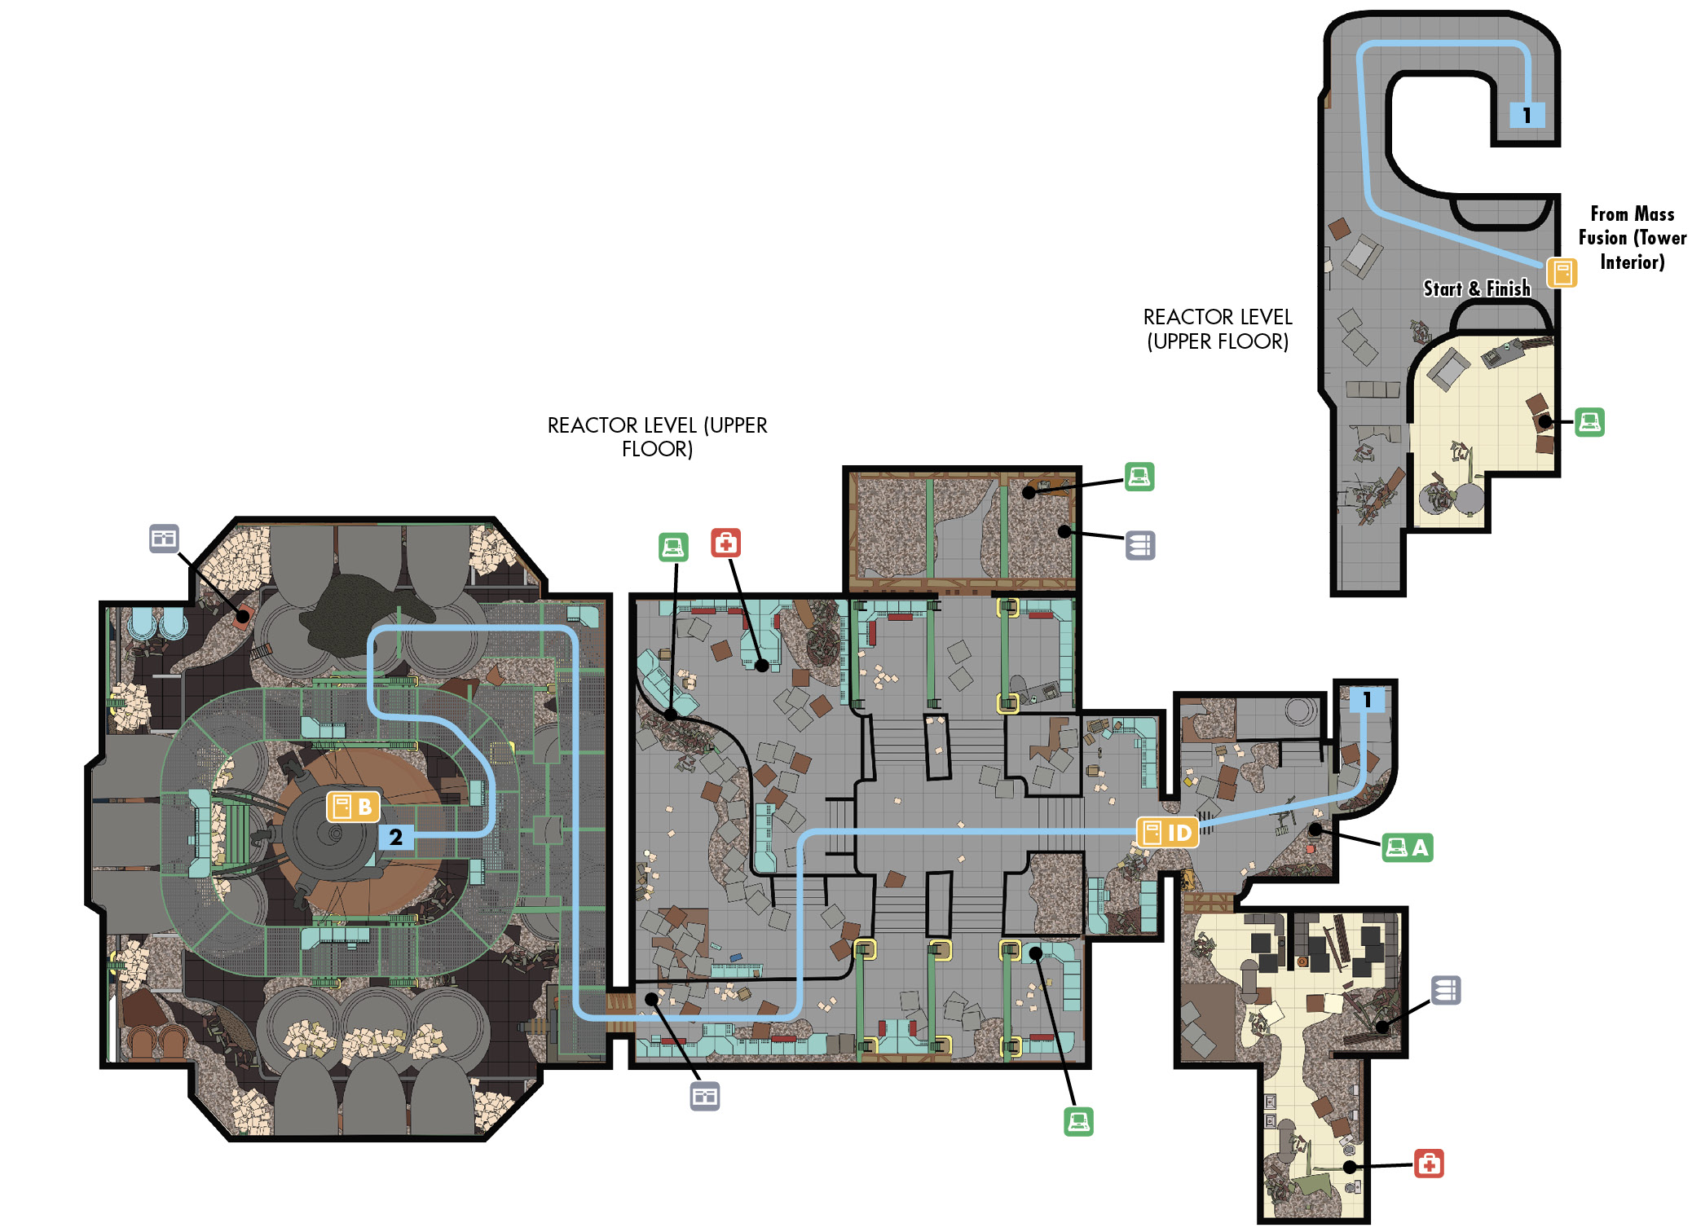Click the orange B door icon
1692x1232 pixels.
(353, 807)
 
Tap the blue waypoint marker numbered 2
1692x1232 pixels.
(395, 837)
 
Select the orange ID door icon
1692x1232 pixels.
(1167, 833)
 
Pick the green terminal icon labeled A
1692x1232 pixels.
(1408, 848)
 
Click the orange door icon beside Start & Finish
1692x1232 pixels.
(1562, 273)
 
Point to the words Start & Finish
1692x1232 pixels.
(1477, 288)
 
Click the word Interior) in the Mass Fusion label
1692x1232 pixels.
(1632, 262)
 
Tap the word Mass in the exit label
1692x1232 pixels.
(1655, 214)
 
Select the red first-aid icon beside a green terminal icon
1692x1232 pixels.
(725, 543)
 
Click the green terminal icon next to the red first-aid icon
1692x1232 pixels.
(673, 547)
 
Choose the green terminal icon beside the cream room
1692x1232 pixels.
(1589, 422)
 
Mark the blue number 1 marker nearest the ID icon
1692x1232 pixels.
(1367, 699)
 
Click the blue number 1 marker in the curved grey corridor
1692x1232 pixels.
(1527, 115)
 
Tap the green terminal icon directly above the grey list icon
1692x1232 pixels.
(1139, 477)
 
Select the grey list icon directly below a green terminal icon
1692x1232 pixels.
(1140, 545)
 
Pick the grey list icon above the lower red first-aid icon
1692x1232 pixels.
(1446, 990)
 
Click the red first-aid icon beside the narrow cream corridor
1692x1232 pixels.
(1429, 1164)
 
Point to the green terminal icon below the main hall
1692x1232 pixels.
(1078, 1121)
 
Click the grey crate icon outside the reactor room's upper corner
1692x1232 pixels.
(164, 538)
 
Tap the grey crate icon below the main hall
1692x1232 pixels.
(705, 1096)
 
